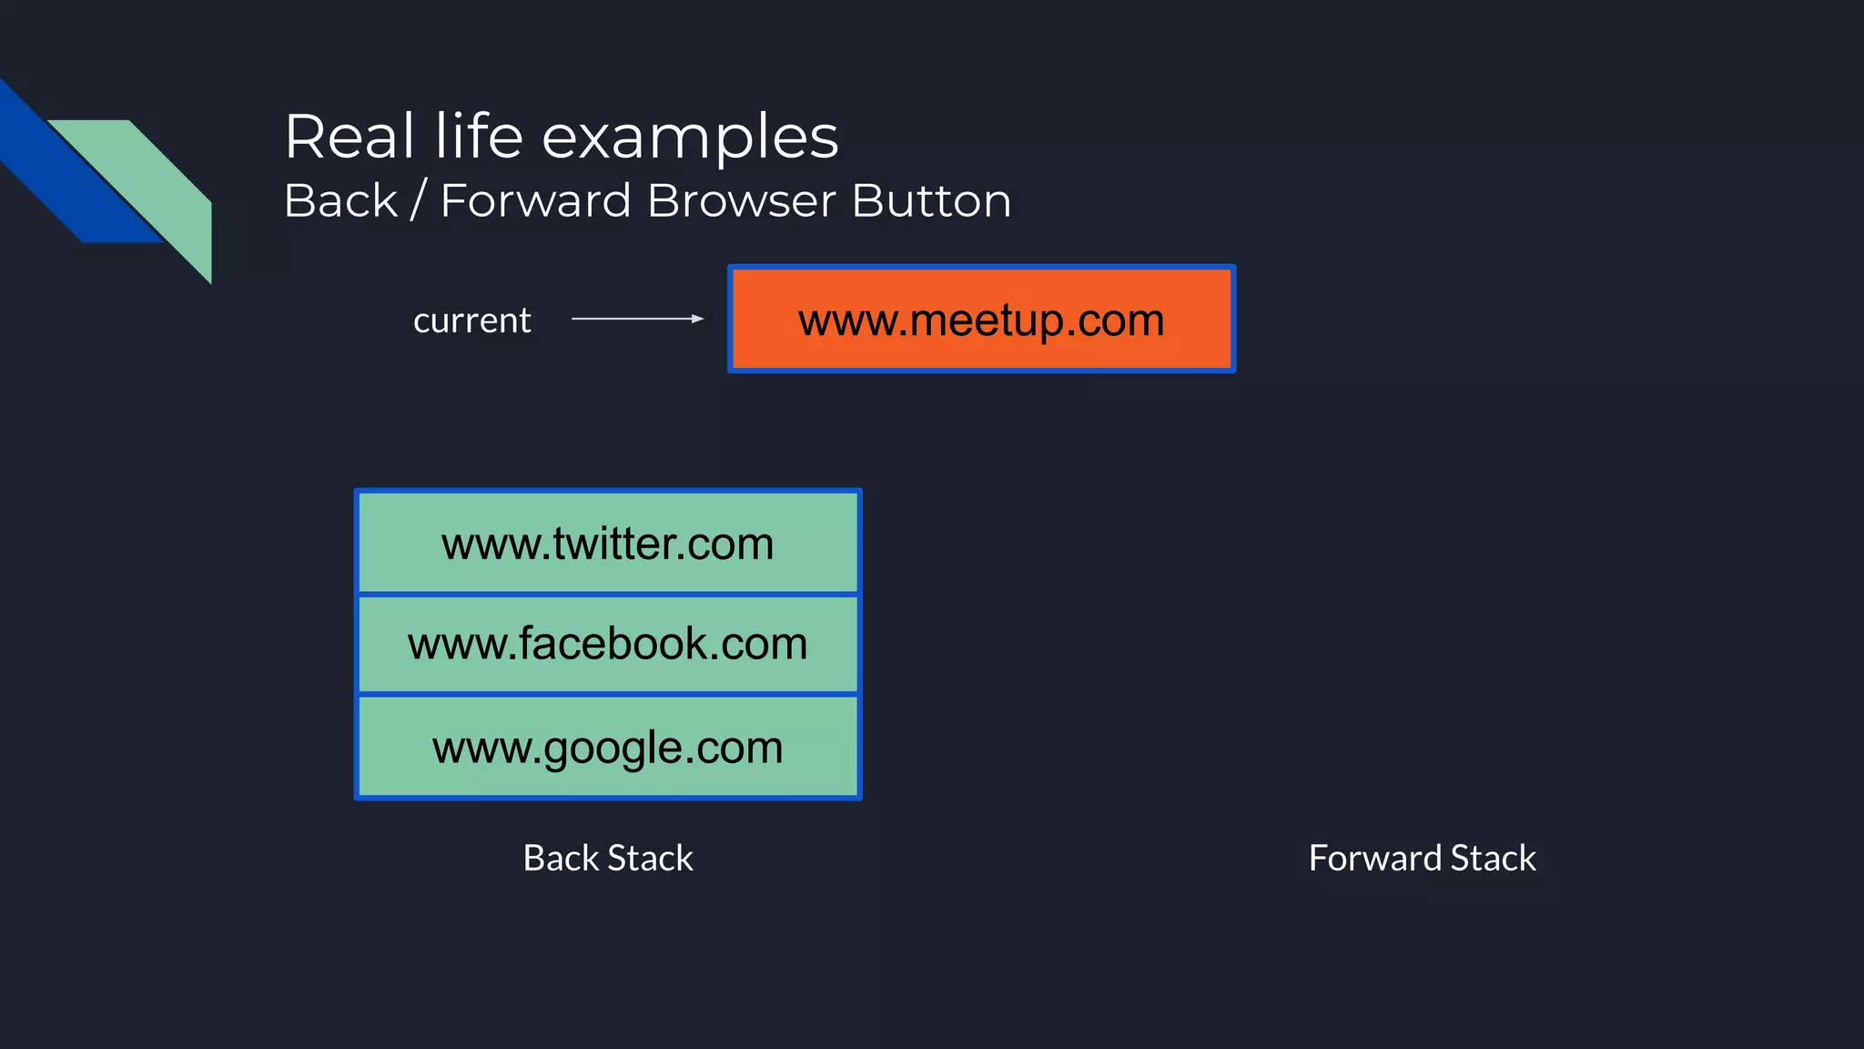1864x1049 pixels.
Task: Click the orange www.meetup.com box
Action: click(x=981, y=319)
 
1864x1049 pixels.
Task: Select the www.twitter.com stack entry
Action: click(x=607, y=544)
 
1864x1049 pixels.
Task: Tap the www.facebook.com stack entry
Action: click(x=607, y=644)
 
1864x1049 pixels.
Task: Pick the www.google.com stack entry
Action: click(x=607, y=748)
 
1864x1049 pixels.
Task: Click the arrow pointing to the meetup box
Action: click(x=637, y=319)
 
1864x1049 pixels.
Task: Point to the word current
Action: click(x=471, y=321)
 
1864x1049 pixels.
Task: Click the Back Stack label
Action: click(x=607, y=858)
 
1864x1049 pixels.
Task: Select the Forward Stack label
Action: click(x=1422, y=858)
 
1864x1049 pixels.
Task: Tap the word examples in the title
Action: click(x=690, y=138)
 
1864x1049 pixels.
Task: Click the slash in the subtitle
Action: click(x=419, y=200)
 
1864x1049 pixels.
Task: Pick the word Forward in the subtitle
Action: click(x=535, y=200)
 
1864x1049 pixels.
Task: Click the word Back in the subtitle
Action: click(x=340, y=200)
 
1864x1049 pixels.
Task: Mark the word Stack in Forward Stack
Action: click(x=1493, y=858)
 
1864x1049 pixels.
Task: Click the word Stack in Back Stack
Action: click(x=650, y=858)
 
